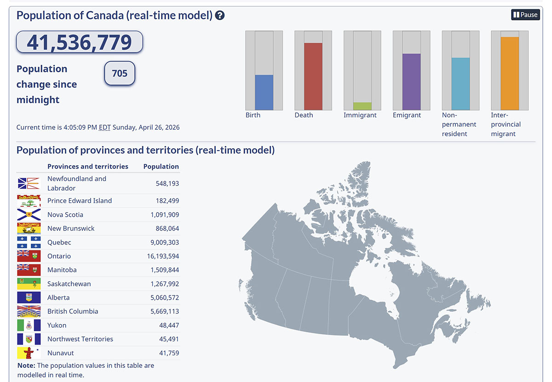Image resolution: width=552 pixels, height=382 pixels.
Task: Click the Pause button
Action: click(525, 15)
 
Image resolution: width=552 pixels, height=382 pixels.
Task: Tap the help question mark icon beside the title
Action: click(220, 16)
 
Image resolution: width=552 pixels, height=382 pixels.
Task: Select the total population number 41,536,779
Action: click(80, 42)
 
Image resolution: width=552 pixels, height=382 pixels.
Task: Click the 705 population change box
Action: click(120, 73)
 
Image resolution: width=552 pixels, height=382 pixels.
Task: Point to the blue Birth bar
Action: click(264, 93)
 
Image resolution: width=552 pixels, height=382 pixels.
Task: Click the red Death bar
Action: click(313, 76)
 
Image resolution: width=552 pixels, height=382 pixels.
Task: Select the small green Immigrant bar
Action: click(362, 106)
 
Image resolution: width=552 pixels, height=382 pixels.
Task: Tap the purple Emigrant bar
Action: click(411, 82)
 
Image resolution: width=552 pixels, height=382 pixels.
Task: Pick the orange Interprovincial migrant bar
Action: click(510, 73)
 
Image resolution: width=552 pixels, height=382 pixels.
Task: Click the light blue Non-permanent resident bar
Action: click(460, 84)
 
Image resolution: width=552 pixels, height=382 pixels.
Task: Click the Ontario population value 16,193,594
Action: click(161, 256)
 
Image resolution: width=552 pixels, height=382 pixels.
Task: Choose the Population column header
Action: click(161, 167)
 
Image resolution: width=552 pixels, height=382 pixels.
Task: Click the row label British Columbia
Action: click(73, 312)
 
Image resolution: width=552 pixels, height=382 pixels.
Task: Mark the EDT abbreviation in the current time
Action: click(105, 127)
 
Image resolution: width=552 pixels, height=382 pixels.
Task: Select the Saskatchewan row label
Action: click(69, 284)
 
